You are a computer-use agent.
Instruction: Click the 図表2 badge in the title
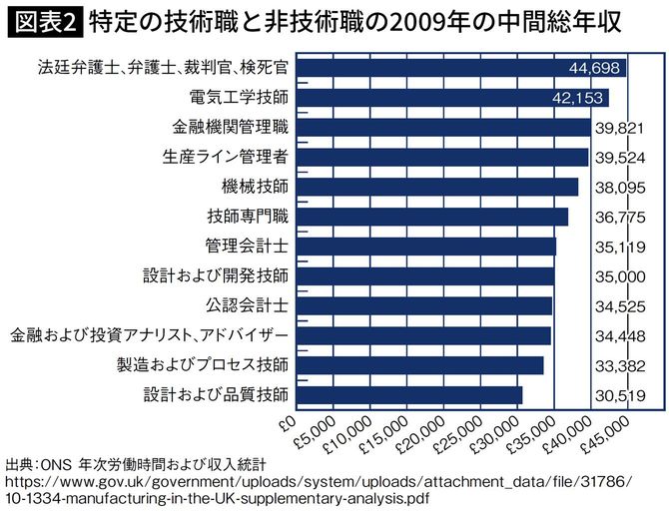[43, 20]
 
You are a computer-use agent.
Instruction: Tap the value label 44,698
[596, 69]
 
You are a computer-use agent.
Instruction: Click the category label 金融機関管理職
[231, 128]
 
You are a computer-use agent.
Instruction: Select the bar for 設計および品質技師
[409, 394]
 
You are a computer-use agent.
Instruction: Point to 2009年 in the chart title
[445, 20]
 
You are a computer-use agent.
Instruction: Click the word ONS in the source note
[58, 464]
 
